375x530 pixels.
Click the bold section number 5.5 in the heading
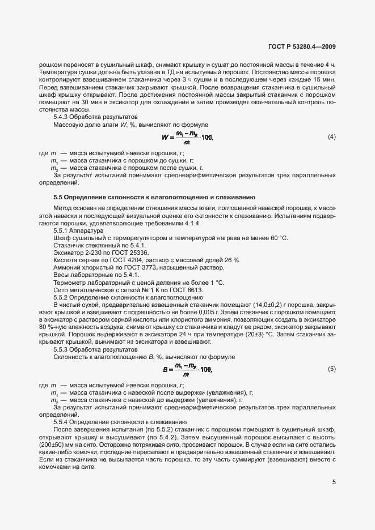point(58,196)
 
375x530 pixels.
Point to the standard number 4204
point(142,259)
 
